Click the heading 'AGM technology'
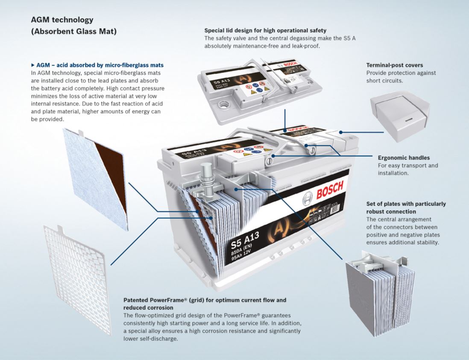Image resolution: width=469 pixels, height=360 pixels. (x=62, y=20)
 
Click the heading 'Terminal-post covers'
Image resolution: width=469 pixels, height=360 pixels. (x=395, y=65)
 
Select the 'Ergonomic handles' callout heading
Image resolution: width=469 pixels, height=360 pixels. (x=404, y=158)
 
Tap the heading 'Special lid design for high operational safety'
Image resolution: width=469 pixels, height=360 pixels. (x=265, y=30)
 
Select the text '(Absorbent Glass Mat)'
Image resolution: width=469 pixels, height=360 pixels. (x=74, y=32)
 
